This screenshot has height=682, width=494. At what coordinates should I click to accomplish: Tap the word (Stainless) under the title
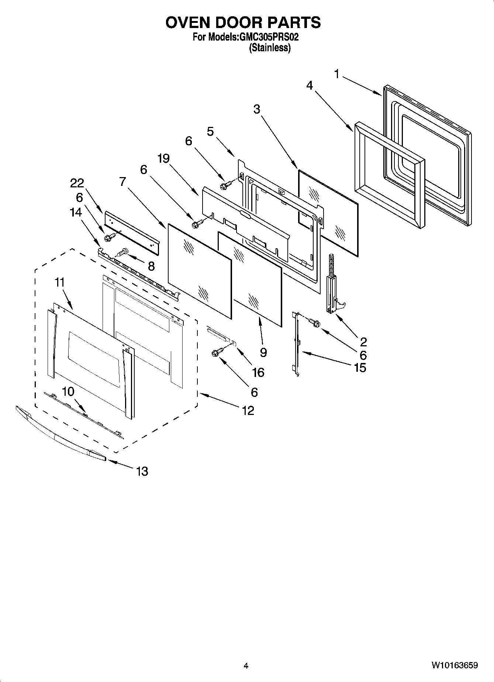click(270, 48)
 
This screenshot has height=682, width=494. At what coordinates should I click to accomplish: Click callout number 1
click(336, 74)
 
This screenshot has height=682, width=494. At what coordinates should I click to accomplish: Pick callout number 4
click(310, 86)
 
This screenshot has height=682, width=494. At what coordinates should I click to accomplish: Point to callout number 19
click(163, 159)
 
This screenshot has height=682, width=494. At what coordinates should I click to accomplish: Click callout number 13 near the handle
click(142, 471)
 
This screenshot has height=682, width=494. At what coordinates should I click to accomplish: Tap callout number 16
click(258, 372)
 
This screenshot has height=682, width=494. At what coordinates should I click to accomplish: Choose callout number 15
click(360, 367)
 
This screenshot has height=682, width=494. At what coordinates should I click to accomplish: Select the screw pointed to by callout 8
click(122, 253)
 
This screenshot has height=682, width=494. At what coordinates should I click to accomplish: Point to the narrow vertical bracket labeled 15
click(296, 343)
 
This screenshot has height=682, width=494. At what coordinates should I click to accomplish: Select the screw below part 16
click(216, 353)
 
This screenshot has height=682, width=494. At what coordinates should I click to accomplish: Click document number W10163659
click(454, 665)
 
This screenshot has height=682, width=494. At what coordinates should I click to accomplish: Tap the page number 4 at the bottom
click(246, 666)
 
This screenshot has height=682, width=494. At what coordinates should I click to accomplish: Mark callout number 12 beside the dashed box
click(248, 410)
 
